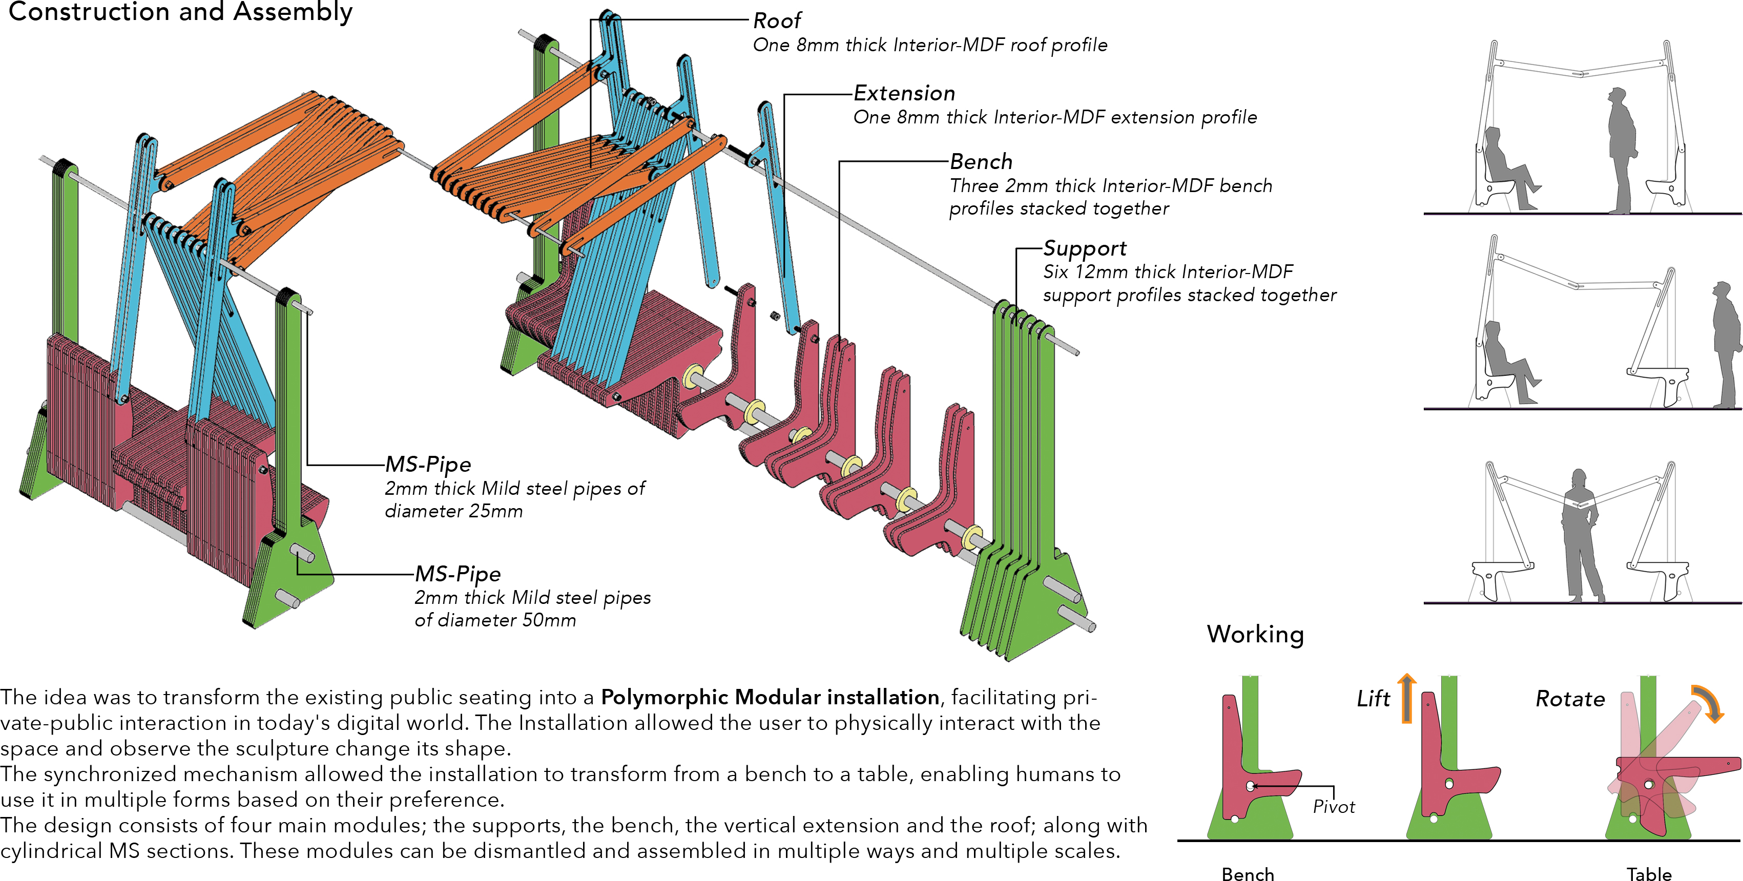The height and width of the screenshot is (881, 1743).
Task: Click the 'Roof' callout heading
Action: [x=777, y=21]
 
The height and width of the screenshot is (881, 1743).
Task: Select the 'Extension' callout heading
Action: [x=904, y=93]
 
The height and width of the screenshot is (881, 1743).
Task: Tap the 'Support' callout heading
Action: [x=1084, y=248]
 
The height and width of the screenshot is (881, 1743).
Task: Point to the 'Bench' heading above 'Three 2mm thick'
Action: [x=981, y=162]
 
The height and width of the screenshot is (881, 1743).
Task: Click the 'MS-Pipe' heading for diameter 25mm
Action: [x=428, y=464]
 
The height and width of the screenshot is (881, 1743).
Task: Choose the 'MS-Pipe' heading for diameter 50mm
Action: [x=458, y=574]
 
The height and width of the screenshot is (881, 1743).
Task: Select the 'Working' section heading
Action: [x=1255, y=634]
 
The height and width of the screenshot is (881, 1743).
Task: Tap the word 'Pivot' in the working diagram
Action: [x=1334, y=807]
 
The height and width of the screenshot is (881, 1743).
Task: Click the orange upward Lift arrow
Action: [x=1407, y=698]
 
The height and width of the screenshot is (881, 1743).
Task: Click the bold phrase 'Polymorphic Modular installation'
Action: [x=770, y=697]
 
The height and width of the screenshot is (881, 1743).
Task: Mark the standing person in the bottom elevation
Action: [x=1581, y=535]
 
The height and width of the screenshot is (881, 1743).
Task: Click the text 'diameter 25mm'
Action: [x=453, y=511]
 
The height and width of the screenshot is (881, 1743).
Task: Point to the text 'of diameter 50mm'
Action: [x=495, y=620]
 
